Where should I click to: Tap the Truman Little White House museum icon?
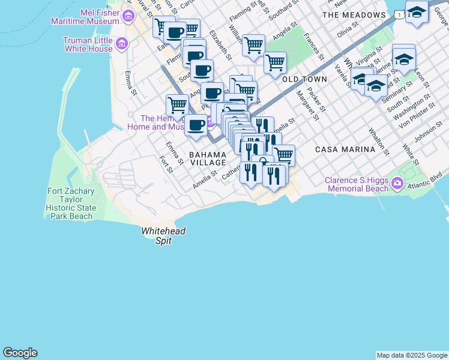(x=122, y=44)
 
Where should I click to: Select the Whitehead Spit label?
(x=164, y=236)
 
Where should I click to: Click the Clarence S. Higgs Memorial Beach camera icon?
(x=396, y=183)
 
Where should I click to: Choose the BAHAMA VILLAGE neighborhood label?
(x=208, y=158)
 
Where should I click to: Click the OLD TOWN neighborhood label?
(x=304, y=79)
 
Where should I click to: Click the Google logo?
(x=20, y=353)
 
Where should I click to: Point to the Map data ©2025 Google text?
(x=412, y=355)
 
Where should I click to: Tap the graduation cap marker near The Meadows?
(x=417, y=11)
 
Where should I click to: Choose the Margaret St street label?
(x=306, y=104)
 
